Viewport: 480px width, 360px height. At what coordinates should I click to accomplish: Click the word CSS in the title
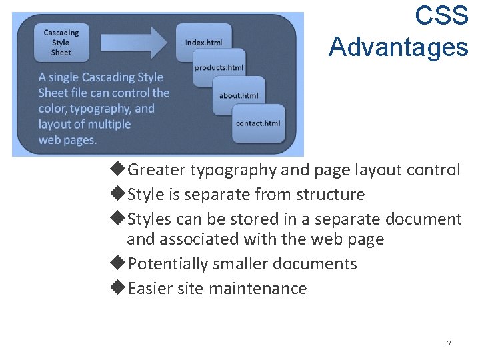[x=441, y=15]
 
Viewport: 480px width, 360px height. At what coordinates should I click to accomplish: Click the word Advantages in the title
[x=398, y=47]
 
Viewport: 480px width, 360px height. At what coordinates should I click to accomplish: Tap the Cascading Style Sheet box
[x=61, y=42]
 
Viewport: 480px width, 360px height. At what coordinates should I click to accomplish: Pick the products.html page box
[x=219, y=67]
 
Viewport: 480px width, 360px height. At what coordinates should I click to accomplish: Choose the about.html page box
[x=239, y=95]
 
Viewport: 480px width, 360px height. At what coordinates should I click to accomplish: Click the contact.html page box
[x=258, y=123]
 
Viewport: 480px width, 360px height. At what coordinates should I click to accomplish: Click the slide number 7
[x=449, y=343]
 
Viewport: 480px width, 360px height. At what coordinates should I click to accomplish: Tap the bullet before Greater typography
[x=117, y=170]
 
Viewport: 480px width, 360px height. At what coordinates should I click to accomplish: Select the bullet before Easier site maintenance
[x=117, y=288]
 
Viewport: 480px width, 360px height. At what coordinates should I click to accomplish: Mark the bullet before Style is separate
[x=117, y=194]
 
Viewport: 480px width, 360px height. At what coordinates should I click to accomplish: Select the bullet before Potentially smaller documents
[x=117, y=263]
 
